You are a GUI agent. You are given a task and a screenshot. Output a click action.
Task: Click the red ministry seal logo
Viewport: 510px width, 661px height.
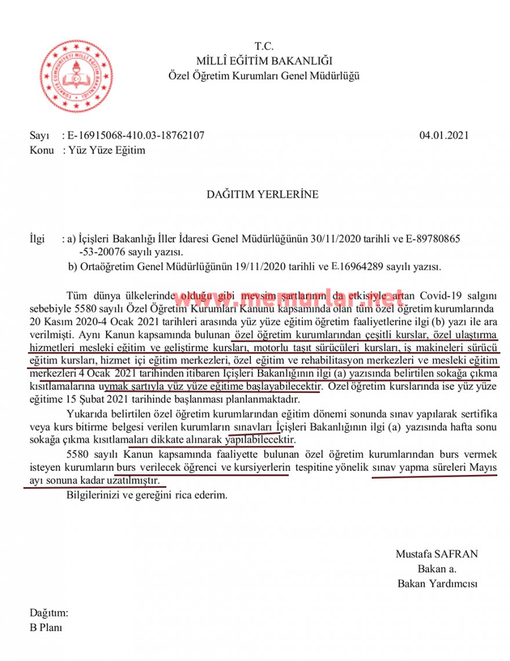pos(76,76)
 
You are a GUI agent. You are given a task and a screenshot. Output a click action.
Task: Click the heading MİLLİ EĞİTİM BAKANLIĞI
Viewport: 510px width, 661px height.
pos(264,61)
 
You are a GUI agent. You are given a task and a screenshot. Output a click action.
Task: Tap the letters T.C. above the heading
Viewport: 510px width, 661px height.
pos(264,46)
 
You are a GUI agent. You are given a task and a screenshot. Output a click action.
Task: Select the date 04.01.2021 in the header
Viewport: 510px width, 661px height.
pos(444,136)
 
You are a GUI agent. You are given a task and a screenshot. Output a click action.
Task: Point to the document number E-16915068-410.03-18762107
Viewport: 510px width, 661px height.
pos(136,136)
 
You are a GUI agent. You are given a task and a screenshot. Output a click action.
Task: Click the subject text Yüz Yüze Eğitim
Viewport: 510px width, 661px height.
pos(107,151)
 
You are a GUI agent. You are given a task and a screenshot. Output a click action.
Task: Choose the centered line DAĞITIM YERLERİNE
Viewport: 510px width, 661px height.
pos(263,195)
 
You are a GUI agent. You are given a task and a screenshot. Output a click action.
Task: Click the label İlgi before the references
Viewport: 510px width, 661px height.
pos(37,239)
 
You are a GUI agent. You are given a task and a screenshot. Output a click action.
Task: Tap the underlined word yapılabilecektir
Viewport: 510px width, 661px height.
pos(260,441)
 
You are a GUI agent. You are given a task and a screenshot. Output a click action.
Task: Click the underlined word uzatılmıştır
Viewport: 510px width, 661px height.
pos(137,481)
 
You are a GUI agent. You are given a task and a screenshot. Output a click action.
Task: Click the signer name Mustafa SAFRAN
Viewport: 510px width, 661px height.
pos(437,554)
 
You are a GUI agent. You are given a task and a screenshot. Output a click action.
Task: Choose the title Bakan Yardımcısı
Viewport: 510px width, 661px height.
pos(438,584)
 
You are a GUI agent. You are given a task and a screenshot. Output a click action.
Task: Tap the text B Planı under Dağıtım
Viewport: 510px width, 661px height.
pos(46,627)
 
